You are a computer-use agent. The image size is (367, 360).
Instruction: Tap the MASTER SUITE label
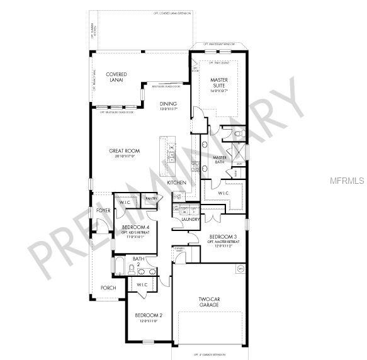click(218, 82)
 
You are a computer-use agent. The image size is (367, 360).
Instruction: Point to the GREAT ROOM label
click(124, 152)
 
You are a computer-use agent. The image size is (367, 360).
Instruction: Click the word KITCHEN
click(176, 183)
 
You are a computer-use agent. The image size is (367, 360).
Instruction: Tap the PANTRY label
click(151, 198)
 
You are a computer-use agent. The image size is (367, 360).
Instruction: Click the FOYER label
click(103, 210)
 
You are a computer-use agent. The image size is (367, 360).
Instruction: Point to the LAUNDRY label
click(190, 219)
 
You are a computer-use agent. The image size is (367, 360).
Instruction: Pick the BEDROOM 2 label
click(149, 315)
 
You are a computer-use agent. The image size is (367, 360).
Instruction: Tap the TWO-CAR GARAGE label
click(208, 301)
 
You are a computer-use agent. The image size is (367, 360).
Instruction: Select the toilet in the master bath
click(238, 134)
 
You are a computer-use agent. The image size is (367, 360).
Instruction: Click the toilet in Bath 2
click(132, 270)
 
